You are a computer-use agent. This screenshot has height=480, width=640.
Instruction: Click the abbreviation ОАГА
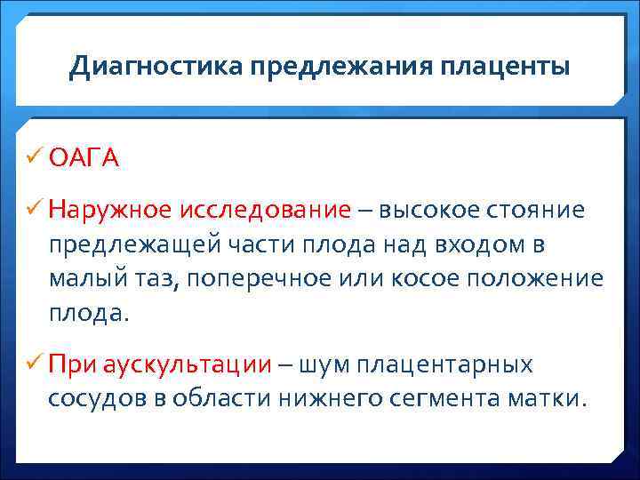84,158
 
